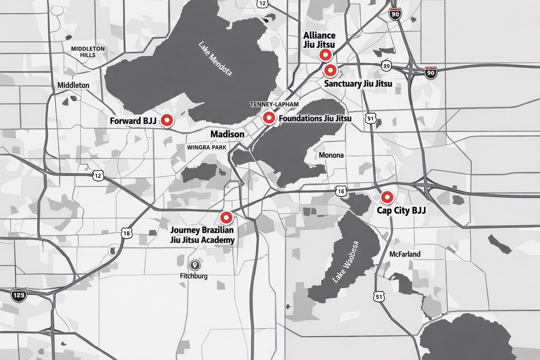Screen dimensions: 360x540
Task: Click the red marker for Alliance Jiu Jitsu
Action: (325, 55)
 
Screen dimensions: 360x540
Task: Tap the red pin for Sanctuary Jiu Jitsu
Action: (331, 70)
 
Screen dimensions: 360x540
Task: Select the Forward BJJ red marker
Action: (167, 120)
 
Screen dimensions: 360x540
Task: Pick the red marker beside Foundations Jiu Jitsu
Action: (269, 118)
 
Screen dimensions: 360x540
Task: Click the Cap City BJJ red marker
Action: (387, 197)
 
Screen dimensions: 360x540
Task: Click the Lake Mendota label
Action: (215, 58)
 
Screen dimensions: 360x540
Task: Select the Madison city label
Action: (227, 134)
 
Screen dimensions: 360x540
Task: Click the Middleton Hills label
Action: (88, 51)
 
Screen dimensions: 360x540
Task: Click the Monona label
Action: (331, 155)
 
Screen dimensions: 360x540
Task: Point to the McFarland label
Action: (405, 254)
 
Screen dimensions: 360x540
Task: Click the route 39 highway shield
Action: (386, 66)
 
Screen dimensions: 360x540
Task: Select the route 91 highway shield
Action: (370, 118)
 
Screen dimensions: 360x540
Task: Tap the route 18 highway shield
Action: (127, 233)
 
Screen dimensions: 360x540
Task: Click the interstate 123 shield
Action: (19, 295)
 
